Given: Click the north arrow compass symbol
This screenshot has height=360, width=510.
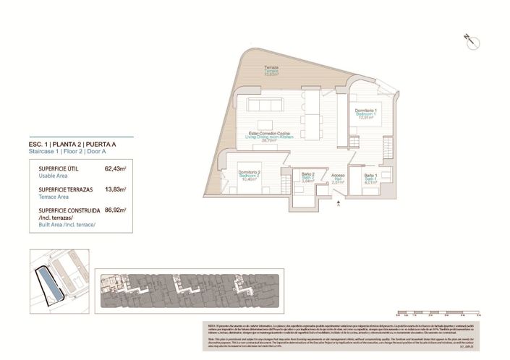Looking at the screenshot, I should click(x=472, y=40).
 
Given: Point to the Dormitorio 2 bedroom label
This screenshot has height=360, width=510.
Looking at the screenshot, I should click(x=248, y=173).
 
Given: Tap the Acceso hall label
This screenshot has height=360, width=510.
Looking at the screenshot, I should click(x=338, y=179).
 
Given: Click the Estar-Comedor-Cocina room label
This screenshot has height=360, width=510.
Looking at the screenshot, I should click(x=269, y=135).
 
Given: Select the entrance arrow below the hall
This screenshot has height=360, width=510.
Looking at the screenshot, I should click(x=338, y=205).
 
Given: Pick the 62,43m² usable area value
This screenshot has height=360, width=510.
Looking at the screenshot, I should click(x=115, y=168).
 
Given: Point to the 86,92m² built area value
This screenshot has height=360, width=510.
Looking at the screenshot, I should click(x=115, y=210).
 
